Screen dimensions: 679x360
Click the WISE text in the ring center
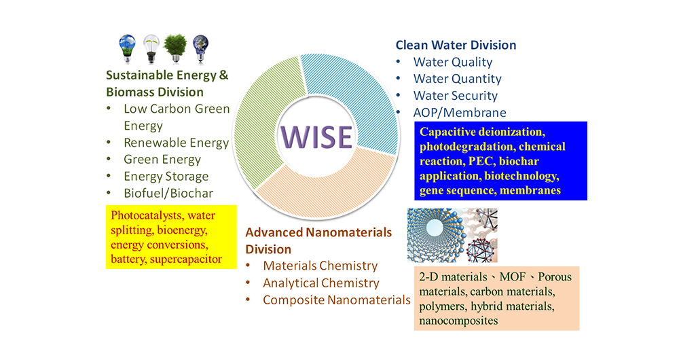click(x=316, y=137)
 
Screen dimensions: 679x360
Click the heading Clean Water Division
click(x=456, y=45)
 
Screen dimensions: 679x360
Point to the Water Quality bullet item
click(x=452, y=62)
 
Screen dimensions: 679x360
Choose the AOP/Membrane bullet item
click(x=460, y=113)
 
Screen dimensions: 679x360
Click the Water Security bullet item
click(x=455, y=96)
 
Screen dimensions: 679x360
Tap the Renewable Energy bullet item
click(x=176, y=143)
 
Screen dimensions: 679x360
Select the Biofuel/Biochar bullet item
click(x=168, y=193)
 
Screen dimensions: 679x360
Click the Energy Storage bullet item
click(x=166, y=177)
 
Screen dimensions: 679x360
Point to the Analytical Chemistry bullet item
click(x=321, y=283)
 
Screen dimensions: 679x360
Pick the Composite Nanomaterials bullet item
click(x=337, y=300)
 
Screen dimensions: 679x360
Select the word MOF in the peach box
click(x=512, y=277)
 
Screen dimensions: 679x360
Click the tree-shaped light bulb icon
click(x=175, y=48)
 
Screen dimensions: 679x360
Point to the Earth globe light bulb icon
click(x=200, y=48)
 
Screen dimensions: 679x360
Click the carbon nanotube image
click(x=437, y=235)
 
